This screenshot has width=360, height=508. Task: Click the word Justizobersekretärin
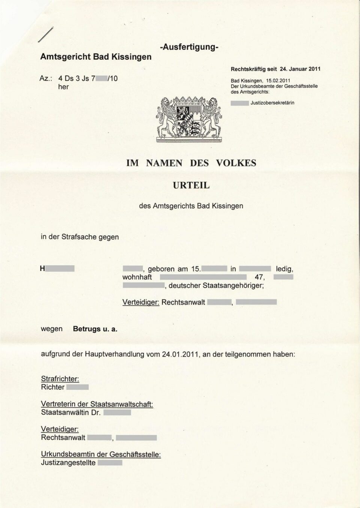coord(272,102)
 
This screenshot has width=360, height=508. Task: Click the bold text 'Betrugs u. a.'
coord(95,329)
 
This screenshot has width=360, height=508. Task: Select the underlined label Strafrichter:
coord(60,379)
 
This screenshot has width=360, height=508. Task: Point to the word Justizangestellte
coord(68,463)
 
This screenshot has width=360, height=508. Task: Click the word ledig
coord(285,269)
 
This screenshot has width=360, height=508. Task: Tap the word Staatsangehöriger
coord(233,286)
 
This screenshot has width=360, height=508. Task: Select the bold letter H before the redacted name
coord(42,269)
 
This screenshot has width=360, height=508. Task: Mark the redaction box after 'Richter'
coord(77,387)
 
